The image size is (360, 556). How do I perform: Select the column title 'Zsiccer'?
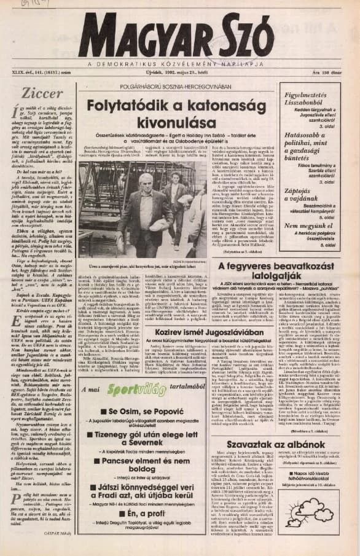coord(42,93)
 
